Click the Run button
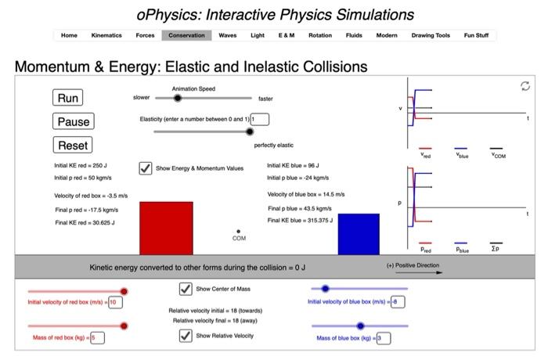click(x=68, y=98)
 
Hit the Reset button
click(x=73, y=145)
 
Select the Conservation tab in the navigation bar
click(x=186, y=35)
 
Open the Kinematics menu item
click(x=106, y=35)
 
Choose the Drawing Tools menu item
click(x=431, y=35)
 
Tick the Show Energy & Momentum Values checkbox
click(x=145, y=167)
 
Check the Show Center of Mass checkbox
click(x=186, y=289)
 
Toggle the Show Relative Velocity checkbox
click(x=186, y=336)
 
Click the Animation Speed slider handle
click(x=178, y=99)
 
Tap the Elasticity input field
click(x=259, y=119)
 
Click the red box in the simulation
click(x=166, y=228)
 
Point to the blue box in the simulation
click(x=359, y=234)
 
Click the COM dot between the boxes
click(x=239, y=231)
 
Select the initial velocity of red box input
click(x=116, y=302)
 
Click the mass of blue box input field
click(x=383, y=338)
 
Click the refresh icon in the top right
click(x=525, y=87)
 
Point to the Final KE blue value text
click(x=301, y=221)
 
